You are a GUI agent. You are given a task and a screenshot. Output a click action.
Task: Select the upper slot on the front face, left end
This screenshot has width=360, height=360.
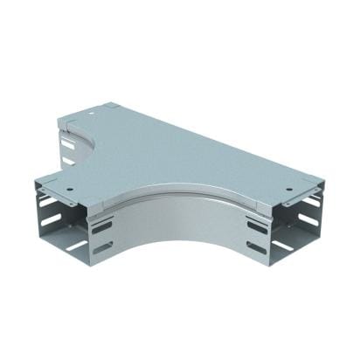pyautogui.click(x=102, y=226)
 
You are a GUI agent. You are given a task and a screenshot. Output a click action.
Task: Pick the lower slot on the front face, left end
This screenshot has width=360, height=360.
pyautogui.click(x=102, y=247)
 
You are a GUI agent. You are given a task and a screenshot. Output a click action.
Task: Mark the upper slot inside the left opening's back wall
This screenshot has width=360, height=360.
pyautogui.click(x=50, y=203)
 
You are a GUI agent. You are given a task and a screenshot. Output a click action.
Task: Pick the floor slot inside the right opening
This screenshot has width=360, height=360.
pyautogui.click(x=284, y=246)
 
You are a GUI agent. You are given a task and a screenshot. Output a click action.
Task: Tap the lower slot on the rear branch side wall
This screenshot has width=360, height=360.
pyautogui.click(x=68, y=160)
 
